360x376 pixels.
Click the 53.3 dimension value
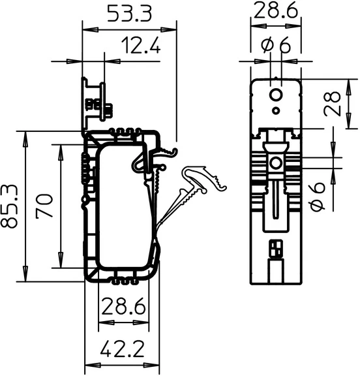129,14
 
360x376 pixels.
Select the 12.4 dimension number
141,45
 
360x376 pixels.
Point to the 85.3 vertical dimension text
9,206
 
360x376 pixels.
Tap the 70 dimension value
44,206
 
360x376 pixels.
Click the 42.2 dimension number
123,349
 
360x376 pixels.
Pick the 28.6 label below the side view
124,306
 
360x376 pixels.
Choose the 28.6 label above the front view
276,10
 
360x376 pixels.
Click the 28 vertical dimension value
332,104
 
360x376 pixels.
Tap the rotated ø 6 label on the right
318,196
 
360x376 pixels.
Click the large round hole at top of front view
276,95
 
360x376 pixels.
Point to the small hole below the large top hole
276,110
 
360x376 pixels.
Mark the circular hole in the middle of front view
276,163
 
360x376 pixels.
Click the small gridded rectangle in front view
276,249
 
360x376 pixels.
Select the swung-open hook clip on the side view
192,195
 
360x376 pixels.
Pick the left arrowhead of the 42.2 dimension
93,365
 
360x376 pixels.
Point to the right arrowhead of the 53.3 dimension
169,30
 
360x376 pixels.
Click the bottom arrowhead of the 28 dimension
349,121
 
